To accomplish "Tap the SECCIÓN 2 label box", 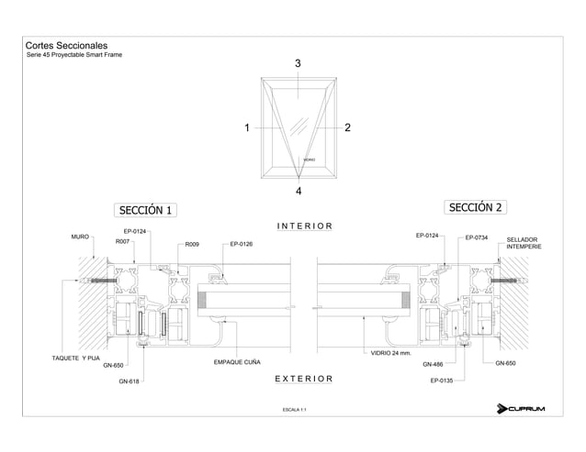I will [476, 206].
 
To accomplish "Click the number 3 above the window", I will [298, 64].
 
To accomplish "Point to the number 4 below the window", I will [299, 191].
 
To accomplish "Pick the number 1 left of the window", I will [247, 127].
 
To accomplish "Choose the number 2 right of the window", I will [347, 127].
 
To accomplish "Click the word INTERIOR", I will [304, 226].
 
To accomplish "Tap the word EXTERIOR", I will [304, 377].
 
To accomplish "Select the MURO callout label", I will [80, 237].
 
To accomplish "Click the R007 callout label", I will [122, 242].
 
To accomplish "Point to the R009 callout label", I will [192, 245].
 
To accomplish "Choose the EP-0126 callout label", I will [242, 244].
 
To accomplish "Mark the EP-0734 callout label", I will [476, 237].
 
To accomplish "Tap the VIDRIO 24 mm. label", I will [390, 353].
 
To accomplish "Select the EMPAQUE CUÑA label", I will [237, 363].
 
